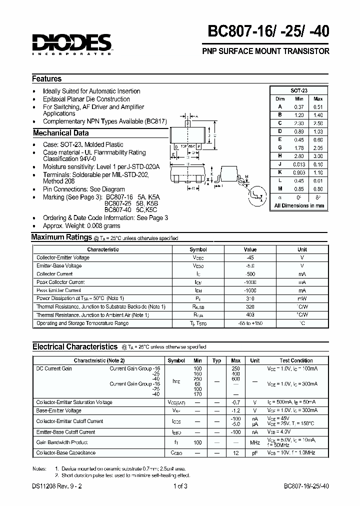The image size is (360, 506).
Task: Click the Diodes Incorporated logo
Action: coord(71,43)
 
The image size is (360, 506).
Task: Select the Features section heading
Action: coord(47,79)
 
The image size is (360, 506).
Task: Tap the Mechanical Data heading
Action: coord(60,133)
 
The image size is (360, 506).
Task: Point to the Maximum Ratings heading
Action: coord(61,237)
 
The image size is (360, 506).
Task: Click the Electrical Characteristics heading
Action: coord(74,346)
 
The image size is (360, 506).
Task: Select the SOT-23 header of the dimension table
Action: coord(299,90)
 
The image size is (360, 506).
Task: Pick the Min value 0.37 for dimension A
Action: coord(299,106)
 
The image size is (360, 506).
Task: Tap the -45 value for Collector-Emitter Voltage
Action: coord(250,257)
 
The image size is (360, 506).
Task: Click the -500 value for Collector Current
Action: coord(250,274)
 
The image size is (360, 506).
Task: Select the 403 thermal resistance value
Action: coord(250,315)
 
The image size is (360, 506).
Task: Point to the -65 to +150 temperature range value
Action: coord(250,323)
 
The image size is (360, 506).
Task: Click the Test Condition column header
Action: coord(296,360)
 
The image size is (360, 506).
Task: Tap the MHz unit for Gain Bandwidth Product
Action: coord(255,442)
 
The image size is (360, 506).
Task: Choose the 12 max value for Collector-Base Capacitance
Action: coord(236,453)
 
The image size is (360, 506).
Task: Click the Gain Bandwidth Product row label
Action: coord(59,442)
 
